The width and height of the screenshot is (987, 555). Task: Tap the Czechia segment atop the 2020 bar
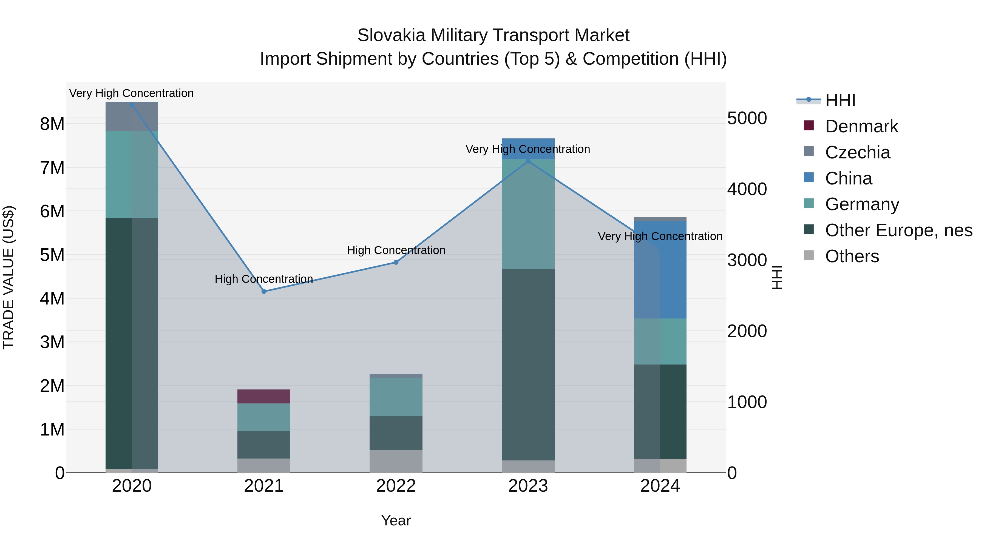pyautogui.click(x=132, y=117)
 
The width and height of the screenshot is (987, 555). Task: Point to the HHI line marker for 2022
pyautogui.click(x=396, y=262)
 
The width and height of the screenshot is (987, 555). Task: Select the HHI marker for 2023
pyautogui.click(x=528, y=161)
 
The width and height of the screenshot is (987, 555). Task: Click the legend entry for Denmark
pyautogui.click(x=861, y=126)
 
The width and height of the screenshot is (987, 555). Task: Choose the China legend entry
pyautogui.click(x=848, y=178)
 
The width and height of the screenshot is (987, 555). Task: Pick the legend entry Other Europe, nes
pyautogui.click(x=898, y=230)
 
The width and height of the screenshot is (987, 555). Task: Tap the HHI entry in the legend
pyautogui.click(x=840, y=100)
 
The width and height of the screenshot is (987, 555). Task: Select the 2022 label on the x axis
pyautogui.click(x=396, y=486)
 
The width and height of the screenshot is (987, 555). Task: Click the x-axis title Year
pyautogui.click(x=396, y=520)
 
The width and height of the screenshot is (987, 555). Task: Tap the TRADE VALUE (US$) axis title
pyautogui.click(x=8, y=277)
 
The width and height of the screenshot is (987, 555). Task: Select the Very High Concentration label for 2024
pyautogui.click(x=660, y=236)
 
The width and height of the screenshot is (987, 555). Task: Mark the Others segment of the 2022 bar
pyautogui.click(x=396, y=461)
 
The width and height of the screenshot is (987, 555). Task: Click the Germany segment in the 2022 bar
pyautogui.click(x=396, y=397)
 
